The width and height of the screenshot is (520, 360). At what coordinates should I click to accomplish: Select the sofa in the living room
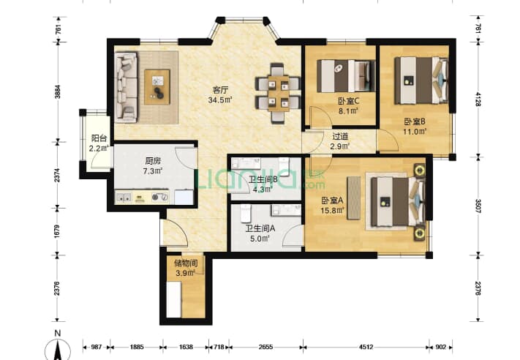(x=126, y=86)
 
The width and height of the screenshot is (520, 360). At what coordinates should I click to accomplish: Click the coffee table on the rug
(x=157, y=83)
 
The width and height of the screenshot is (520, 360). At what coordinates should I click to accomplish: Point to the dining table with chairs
(x=278, y=94)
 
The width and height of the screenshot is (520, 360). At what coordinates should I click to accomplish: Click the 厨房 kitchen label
(x=153, y=161)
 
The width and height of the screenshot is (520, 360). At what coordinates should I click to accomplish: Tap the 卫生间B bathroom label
(x=263, y=179)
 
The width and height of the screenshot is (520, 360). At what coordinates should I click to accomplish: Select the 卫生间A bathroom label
(x=260, y=228)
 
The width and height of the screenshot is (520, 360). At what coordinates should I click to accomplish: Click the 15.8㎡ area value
(x=331, y=211)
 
